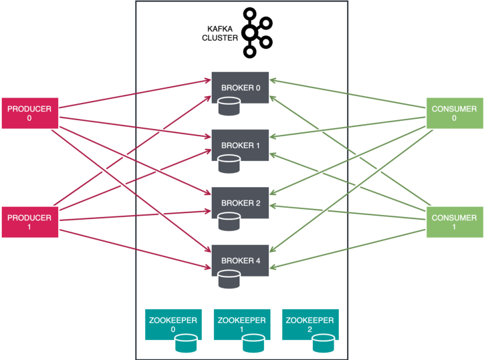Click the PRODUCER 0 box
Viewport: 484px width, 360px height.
[x=30, y=114]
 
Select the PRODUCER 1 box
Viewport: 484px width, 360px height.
[x=30, y=222]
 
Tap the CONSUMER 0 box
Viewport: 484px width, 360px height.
[x=455, y=114]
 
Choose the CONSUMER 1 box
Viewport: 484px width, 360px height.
[x=455, y=222]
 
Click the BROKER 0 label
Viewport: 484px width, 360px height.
[x=241, y=88]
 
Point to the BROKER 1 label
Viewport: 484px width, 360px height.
[x=241, y=146]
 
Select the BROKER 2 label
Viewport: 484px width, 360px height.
[x=241, y=203]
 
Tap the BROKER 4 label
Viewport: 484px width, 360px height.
[x=241, y=260]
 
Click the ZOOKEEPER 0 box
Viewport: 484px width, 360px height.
[x=173, y=325]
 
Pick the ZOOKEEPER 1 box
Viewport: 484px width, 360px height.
[x=242, y=325]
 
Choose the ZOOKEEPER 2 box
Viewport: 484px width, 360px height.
[x=310, y=325]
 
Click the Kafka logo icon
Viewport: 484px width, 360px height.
[x=257, y=33]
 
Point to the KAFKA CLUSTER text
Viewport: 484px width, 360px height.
[x=220, y=33]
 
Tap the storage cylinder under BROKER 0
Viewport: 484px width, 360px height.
[x=229, y=106]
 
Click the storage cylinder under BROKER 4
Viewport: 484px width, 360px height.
[x=229, y=279]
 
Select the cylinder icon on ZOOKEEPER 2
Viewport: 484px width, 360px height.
[x=324, y=343]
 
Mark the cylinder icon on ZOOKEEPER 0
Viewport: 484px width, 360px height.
[x=186, y=343]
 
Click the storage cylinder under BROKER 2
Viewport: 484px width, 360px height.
[x=229, y=222]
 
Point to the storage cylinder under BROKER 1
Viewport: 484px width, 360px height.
[x=229, y=164]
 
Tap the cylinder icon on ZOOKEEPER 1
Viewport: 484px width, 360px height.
[x=253, y=343]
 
